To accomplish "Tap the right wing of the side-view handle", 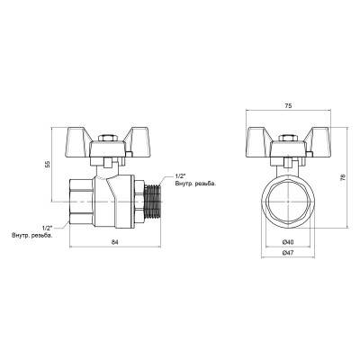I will (128, 142).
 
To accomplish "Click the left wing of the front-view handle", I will (263, 143).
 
